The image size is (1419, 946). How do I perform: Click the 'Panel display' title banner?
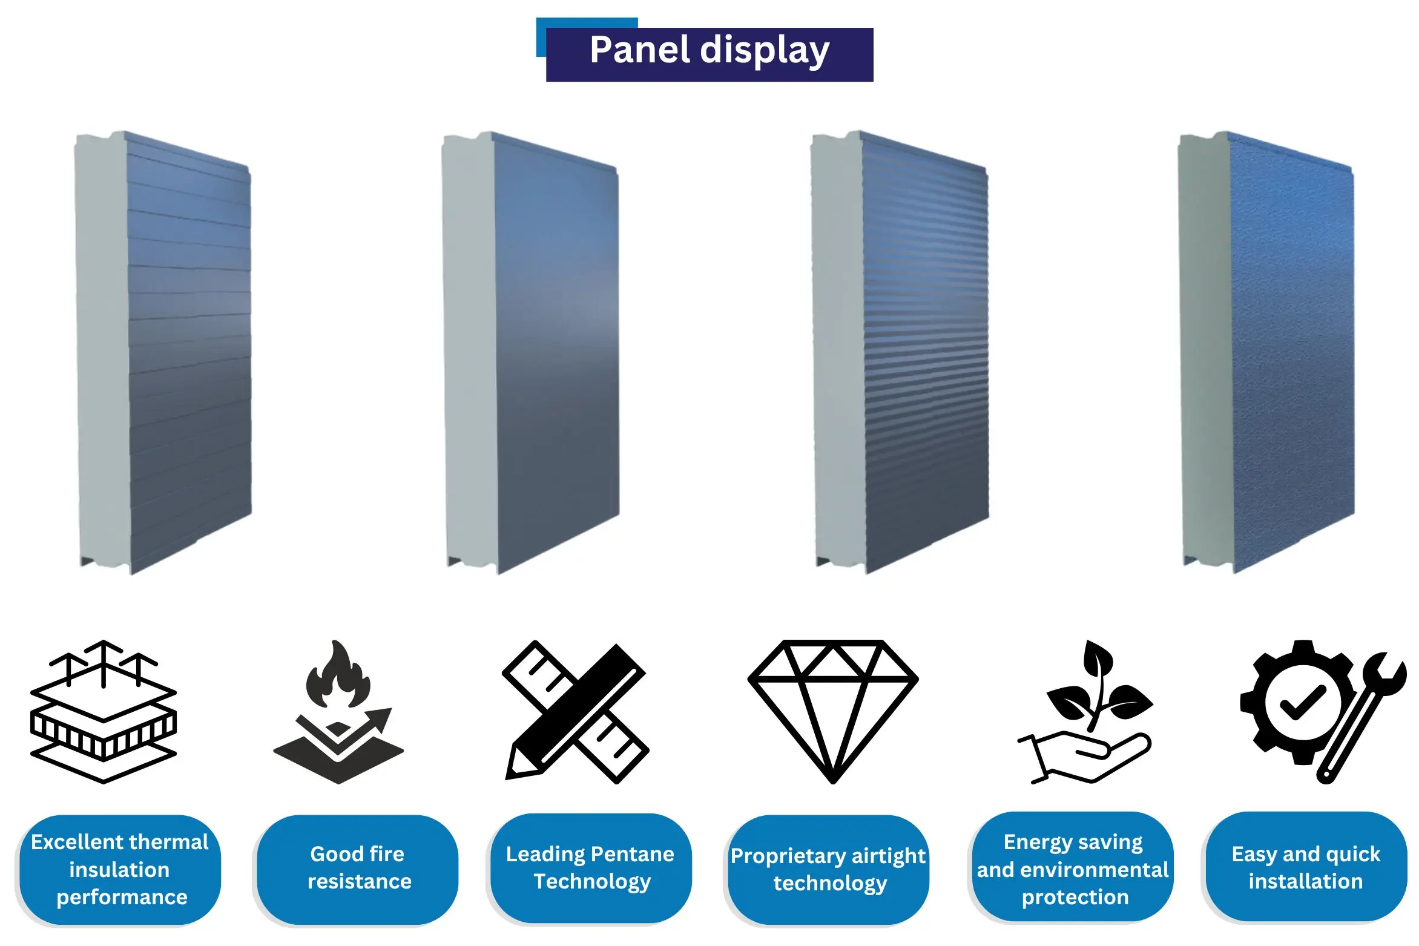click(709, 54)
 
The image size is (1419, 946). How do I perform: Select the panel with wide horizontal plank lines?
click(163, 352)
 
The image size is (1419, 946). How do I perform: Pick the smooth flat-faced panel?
click(531, 352)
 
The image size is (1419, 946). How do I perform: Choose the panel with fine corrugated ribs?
click(900, 352)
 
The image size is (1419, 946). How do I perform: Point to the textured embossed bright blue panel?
click(1266, 352)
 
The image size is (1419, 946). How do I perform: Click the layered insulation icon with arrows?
click(104, 712)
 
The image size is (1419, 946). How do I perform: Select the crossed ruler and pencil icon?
click(576, 712)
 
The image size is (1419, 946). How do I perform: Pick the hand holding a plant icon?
click(1085, 712)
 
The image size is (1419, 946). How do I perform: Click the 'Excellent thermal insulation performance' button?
click(120, 869)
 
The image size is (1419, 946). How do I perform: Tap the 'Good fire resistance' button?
click(358, 869)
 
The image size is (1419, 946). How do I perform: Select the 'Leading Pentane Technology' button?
click(591, 868)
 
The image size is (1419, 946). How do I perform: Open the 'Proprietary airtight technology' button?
click(828, 869)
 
